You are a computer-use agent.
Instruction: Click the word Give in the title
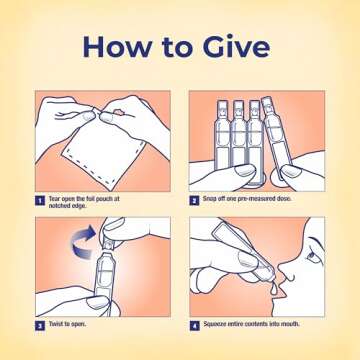coord(236,46)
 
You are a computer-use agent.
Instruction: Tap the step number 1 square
coord(40,201)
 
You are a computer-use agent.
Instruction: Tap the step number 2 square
coord(194,201)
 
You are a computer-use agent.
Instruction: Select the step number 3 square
coord(40,326)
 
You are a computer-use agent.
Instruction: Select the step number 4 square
coord(194,326)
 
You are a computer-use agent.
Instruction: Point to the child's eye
coord(312,256)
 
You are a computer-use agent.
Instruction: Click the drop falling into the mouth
coord(274,289)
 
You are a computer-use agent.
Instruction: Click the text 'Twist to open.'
coord(67,324)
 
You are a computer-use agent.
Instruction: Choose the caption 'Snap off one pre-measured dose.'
coord(247,199)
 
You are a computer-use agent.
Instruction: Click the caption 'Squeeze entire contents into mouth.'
coord(252,324)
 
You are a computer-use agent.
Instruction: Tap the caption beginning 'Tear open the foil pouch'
coord(84,202)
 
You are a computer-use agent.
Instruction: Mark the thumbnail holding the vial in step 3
coord(97,301)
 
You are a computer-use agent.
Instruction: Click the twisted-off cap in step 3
coord(109,243)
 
